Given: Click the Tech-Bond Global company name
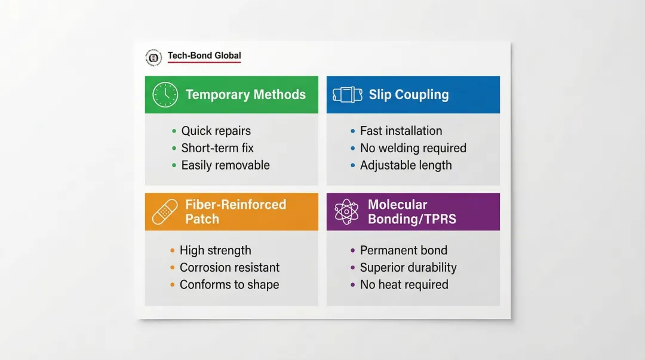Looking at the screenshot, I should (x=204, y=56).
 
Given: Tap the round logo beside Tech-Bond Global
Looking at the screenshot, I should (x=153, y=57).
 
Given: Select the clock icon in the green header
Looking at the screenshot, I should (x=165, y=95).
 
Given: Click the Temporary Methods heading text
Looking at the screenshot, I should (x=245, y=94).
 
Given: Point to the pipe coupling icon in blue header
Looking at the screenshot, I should (x=347, y=95).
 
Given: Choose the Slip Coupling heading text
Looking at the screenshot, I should (x=408, y=94).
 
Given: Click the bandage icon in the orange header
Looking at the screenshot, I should (x=165, y=212).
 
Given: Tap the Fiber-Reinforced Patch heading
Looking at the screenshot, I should (x=235, y=211).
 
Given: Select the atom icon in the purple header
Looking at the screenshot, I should (x=346, y=212).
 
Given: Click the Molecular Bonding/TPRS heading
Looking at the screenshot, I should (x=412, y=211).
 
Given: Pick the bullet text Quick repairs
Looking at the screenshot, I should (x=216, y=131).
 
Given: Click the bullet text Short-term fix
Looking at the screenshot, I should (x=217, y=148).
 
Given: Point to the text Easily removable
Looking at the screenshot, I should (x=225, y=165).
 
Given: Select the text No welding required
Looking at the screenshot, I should (x=413, y=148).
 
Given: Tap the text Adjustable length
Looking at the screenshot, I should (x=406, y=165).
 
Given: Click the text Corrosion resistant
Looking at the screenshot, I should (x=229, y=267).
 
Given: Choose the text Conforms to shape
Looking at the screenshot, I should (x=229, y=285).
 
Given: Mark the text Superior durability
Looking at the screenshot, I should (x=408, y=267).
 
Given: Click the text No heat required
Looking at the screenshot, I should (x=404, y=285).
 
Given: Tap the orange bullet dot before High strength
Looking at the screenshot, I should (x=173, y=251).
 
